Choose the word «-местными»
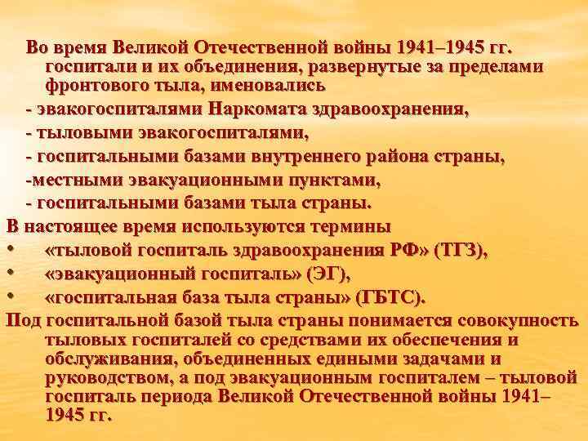tap(68, 179)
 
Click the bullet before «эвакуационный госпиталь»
tap(11, 273)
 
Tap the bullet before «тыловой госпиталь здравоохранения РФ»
tap(11, 250)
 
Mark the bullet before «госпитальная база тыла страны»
tap(11, 296)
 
